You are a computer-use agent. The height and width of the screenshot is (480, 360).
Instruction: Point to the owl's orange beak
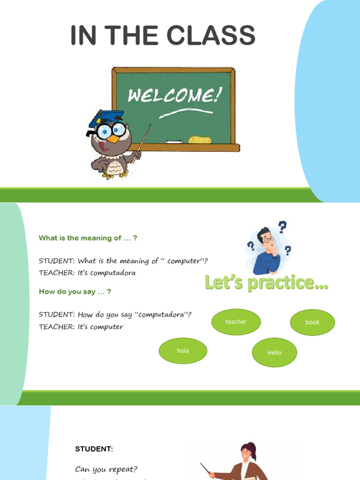pos(112,138)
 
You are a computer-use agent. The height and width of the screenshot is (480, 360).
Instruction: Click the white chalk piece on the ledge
pos(174,141)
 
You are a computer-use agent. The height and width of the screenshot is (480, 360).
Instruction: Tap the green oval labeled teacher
pos(236,322)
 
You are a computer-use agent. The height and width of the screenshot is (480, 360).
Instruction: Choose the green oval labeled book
pos(312,322)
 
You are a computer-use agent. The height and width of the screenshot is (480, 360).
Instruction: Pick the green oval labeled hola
pos(183,351)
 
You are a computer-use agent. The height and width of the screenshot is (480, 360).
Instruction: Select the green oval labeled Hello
pos(274,352)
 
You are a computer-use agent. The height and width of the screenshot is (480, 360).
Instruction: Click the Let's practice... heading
pos(266,283)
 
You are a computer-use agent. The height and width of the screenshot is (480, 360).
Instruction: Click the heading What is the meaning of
pos(88,238)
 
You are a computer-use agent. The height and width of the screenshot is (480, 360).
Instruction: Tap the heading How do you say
pos(75,292)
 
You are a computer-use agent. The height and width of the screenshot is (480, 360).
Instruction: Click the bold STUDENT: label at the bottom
pos(94,449)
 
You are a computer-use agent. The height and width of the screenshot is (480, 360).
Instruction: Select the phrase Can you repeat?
pos(106,469)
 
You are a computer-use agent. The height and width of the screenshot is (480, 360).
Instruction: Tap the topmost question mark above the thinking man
pos(282,227)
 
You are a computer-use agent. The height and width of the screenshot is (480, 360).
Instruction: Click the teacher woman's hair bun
pos(254,445)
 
